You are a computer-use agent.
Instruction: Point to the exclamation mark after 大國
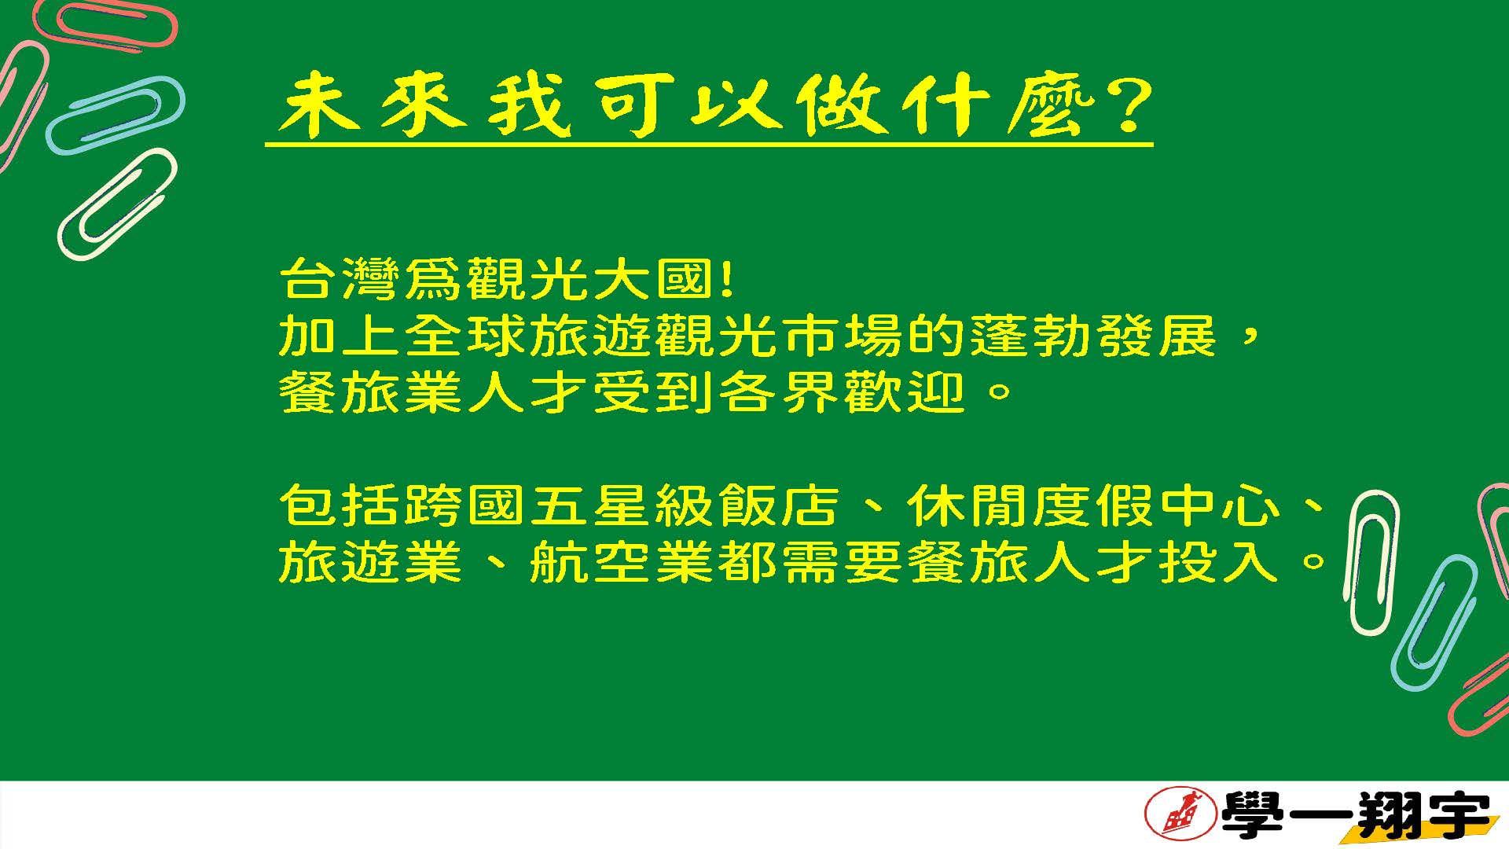pyautogui.click(x=725, y=279)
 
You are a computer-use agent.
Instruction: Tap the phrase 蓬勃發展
pyautogui.click(x=1094, y=337)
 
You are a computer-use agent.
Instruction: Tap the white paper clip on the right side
pyautogui.click(x=1373, y=563)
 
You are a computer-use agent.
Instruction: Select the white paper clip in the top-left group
pyautogui.click(x=117, y=204)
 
